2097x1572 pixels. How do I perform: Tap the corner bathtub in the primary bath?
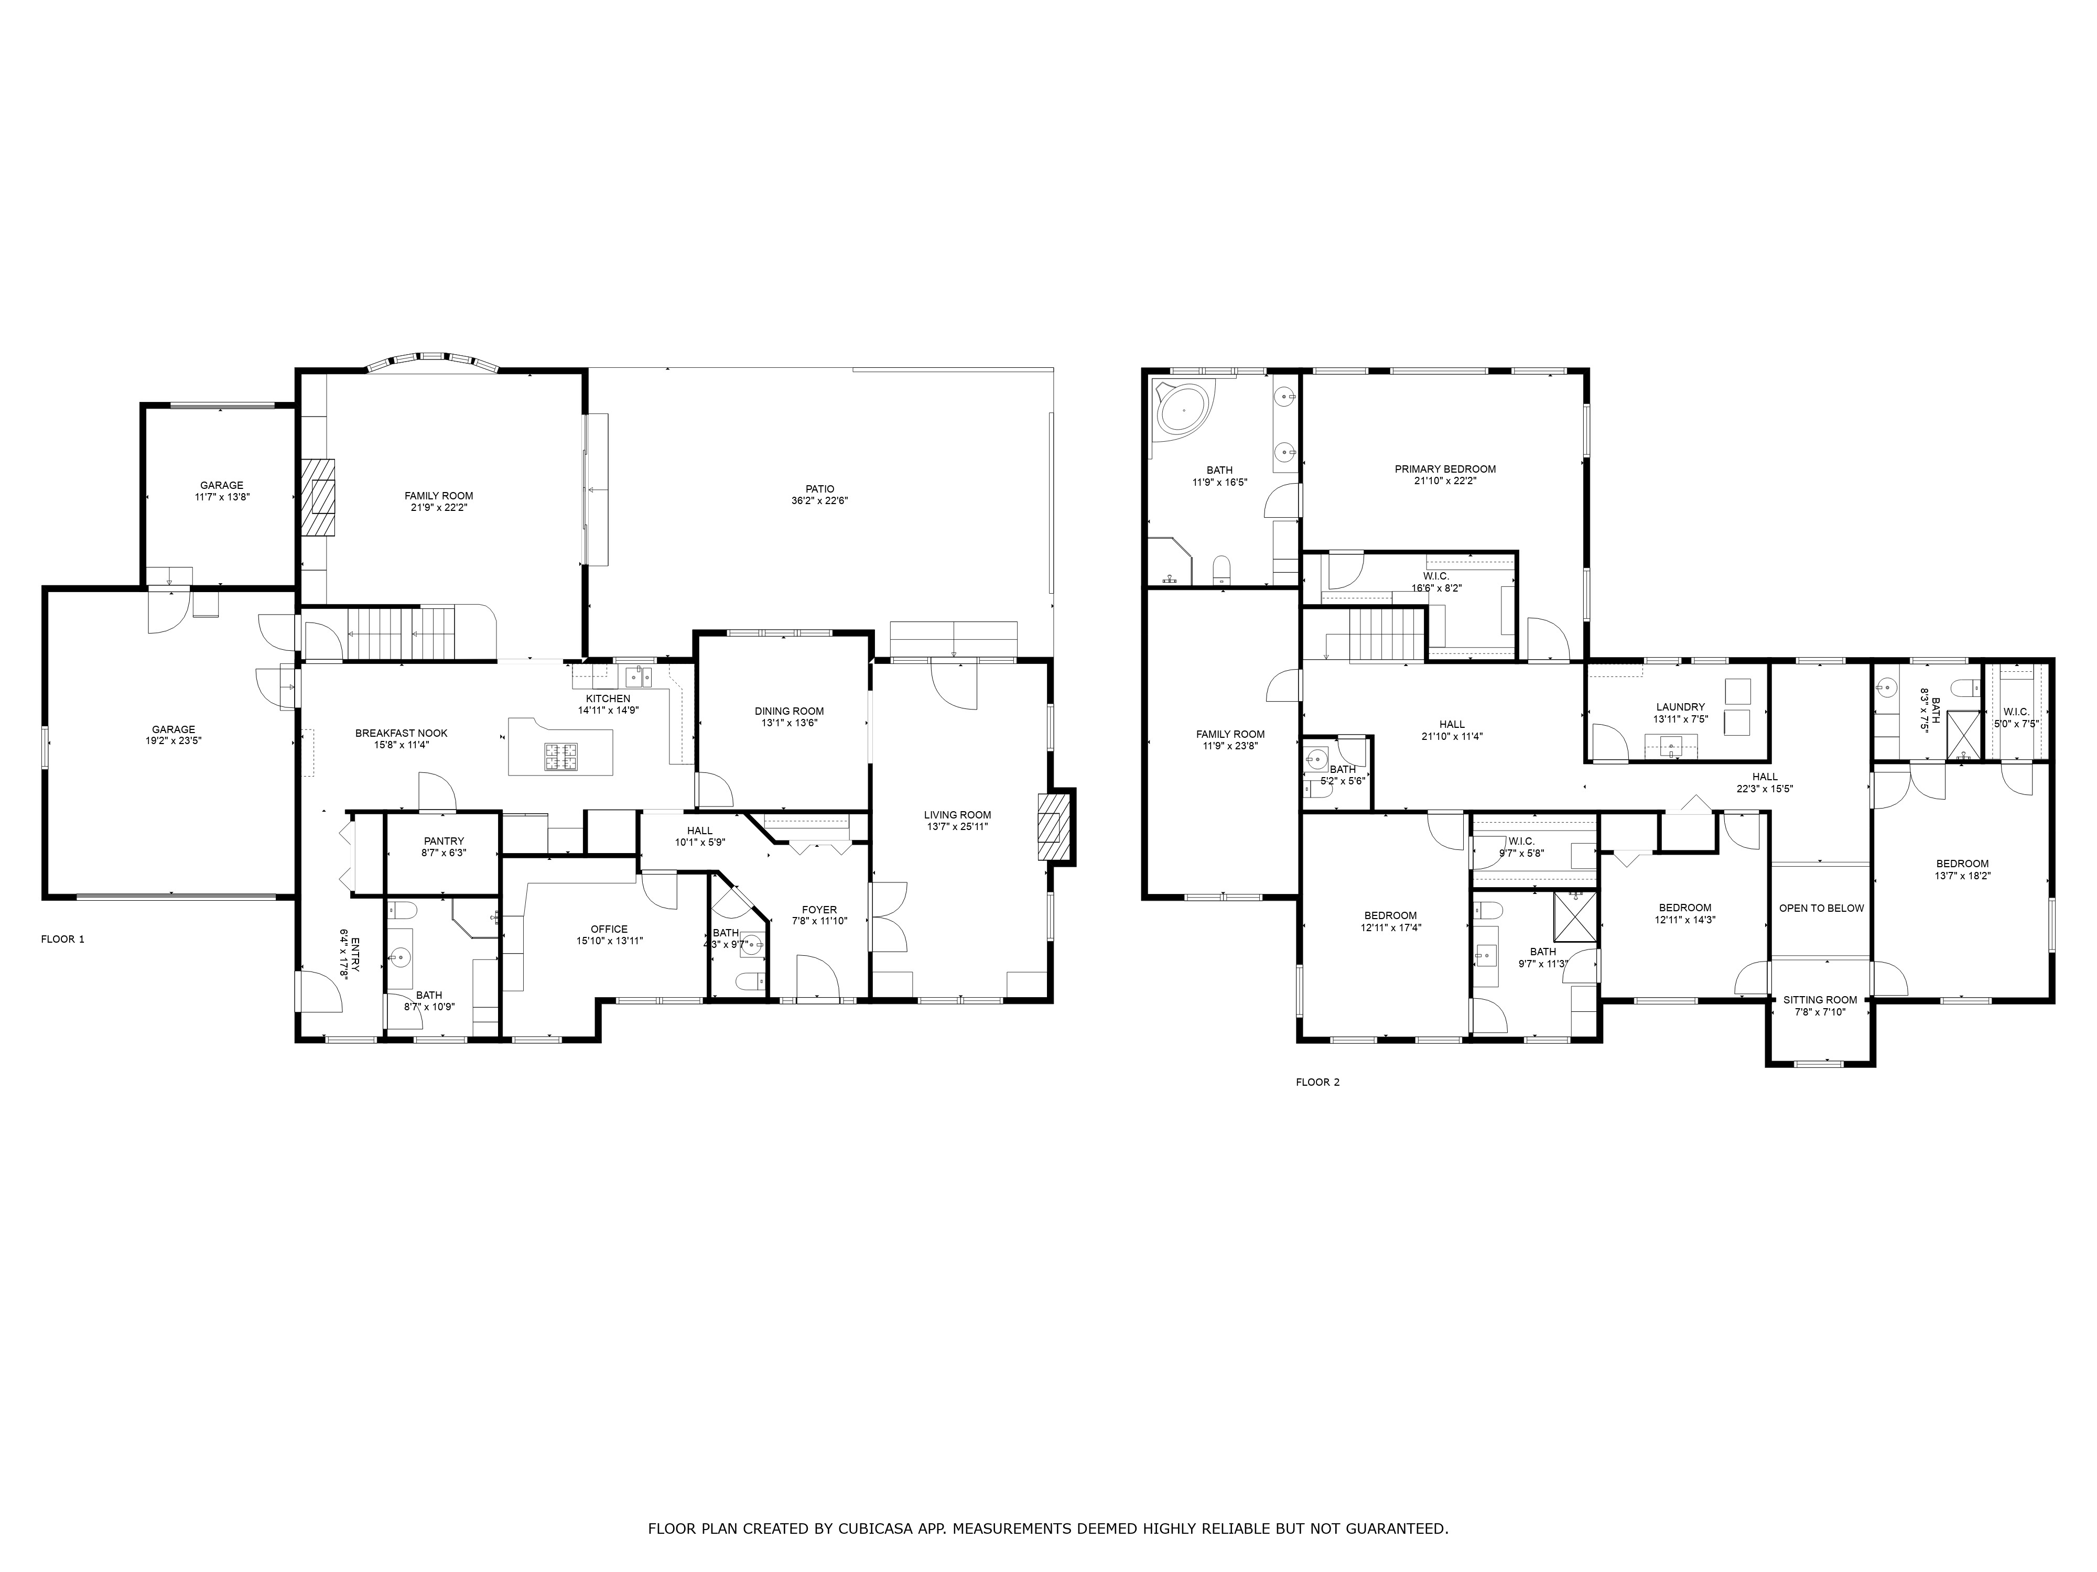tap(1183, 409)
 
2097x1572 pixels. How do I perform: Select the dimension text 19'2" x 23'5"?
tap(174, 741)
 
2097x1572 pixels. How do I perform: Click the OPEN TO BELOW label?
tap(1821, 908)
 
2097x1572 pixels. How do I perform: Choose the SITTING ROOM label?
tap(1820, 1000)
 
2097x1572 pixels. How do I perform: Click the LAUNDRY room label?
tap(1681, 707)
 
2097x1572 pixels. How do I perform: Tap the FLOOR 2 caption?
tap(1318, 1082)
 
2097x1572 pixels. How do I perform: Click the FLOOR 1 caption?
tap(62, 939)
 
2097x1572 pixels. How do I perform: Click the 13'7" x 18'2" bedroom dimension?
tap(1962, 876)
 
